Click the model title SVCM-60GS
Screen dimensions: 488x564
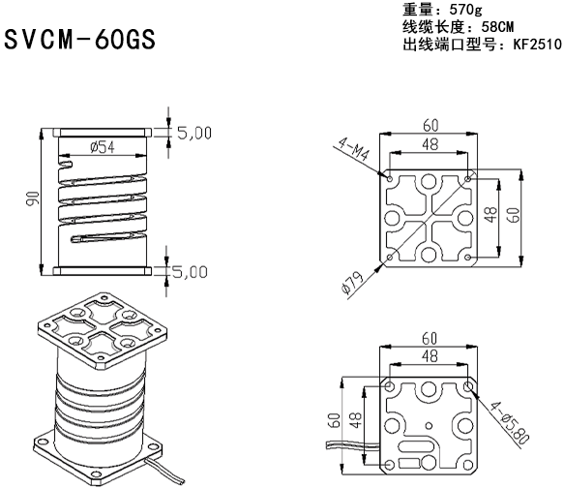coord(79,42)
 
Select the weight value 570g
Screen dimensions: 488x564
coord(469,11)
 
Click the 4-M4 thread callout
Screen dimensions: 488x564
coord(357,155)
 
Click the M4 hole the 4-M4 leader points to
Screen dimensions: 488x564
coord(389,178)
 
